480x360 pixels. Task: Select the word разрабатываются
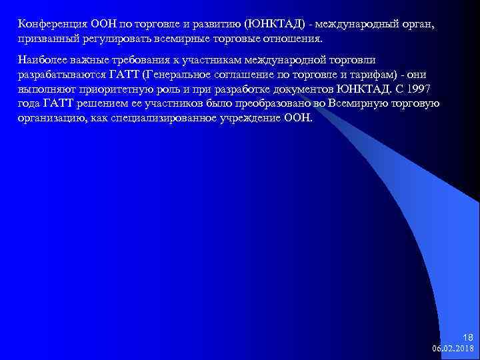(59, 75)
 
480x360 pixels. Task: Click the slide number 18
(467, 337)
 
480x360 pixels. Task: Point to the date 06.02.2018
(453, 348)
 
